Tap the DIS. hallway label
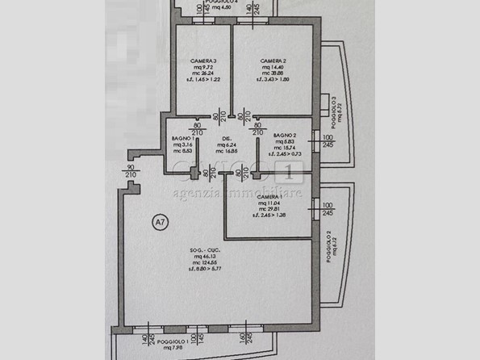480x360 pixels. (228, 139)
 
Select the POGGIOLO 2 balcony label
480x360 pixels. (329, 247)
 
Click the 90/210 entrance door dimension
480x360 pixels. (131, 171)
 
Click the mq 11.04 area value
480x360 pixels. (271, 206)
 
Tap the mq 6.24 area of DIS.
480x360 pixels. (228, 145)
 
